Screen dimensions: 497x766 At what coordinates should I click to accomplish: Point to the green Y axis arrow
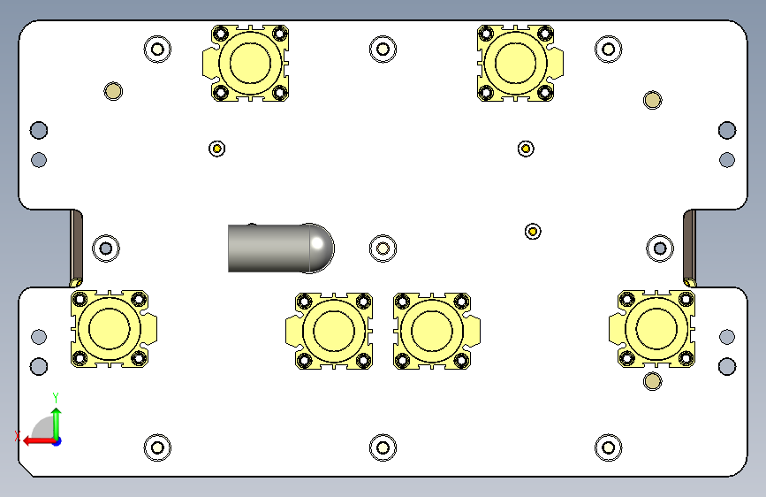pyautogui.click(x=56, y=417)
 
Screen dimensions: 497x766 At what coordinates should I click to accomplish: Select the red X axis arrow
pyautogui.click(x=31, y=440)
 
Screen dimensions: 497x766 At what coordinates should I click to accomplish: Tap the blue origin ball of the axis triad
pyautogui.click(x=56, y=440)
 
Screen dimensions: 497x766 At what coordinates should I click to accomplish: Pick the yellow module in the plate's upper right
pyautogui.click(x=518, y=63)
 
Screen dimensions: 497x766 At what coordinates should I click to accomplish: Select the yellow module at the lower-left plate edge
pyautogui.click(x=110, y=328)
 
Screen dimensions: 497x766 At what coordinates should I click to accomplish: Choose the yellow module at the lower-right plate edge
pyautogui.click(x=655, y=328)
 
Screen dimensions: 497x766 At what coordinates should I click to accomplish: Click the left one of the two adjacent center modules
pyautogui.click(x=333, y=330)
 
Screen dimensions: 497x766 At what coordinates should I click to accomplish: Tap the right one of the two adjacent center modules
pyautogui.click(x=433, y=330)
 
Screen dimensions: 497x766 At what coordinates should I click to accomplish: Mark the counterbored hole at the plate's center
pyautogui.click(x=383, y=248)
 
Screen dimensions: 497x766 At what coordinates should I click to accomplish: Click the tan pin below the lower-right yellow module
pyautogui.click(x=652, y=381)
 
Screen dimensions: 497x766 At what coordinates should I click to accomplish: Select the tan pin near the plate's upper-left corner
pyautogui.click(x=112, y=90)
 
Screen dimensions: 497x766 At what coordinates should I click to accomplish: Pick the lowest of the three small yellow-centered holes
pyautogui.click(x=533, y=231)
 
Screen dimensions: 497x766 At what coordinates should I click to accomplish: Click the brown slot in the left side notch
pyautogui.click(x=77, y=248)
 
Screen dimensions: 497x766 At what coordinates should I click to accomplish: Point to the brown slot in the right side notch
pyautogui.click(x=689, y=248)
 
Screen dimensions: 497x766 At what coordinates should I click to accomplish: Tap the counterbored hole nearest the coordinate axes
pyautogui.click(x=158, y=447)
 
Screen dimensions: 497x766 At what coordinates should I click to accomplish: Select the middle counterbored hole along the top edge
pyautogui.click(x=382, y=49)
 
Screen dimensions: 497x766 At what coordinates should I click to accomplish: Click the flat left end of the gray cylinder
pyautogui.click(x=231, y=248)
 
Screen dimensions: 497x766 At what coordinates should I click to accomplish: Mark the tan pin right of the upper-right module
pyautogui.click(x=652, y=99)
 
